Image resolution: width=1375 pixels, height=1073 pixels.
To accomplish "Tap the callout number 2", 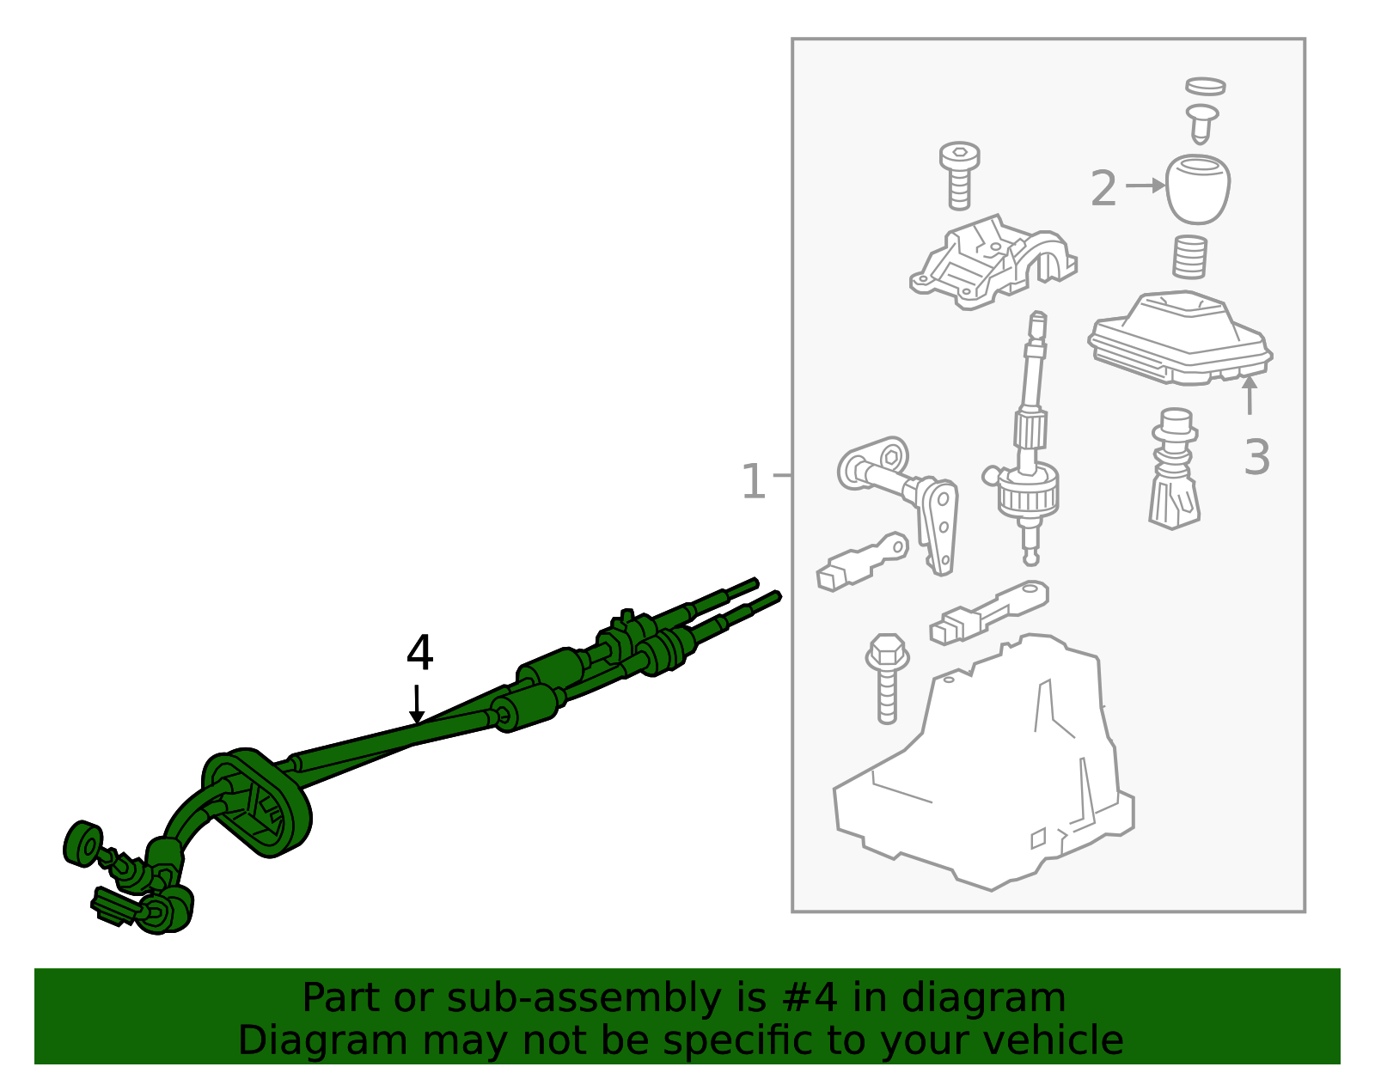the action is coord(1104,188).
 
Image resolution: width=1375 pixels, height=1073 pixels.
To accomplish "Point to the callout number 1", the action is coord(753,481).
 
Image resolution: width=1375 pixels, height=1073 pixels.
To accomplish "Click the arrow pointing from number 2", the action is coord(1146,186).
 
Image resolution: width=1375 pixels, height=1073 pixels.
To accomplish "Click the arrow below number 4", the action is coord(416,704).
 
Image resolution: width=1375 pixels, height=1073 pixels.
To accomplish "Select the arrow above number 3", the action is coord(1250,394).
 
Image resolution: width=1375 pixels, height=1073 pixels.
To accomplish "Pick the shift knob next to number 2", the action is coord(1198,189).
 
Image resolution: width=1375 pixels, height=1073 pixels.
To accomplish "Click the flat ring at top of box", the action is coord(1206,87).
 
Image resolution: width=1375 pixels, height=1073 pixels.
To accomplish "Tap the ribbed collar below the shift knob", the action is coord(1189,257).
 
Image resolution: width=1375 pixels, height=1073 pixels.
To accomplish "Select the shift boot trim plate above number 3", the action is coord(1180,338).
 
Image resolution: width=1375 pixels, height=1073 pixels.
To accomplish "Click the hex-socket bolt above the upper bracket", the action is coord(959,175).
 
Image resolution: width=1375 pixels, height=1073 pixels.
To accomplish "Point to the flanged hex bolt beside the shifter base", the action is coord(887,679).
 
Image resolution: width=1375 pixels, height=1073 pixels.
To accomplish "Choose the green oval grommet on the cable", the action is coord(256,802).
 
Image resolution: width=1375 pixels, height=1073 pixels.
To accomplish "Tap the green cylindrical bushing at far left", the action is coord(83,844).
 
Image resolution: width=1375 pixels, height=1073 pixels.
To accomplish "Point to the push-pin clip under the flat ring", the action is coord(1202,124).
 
